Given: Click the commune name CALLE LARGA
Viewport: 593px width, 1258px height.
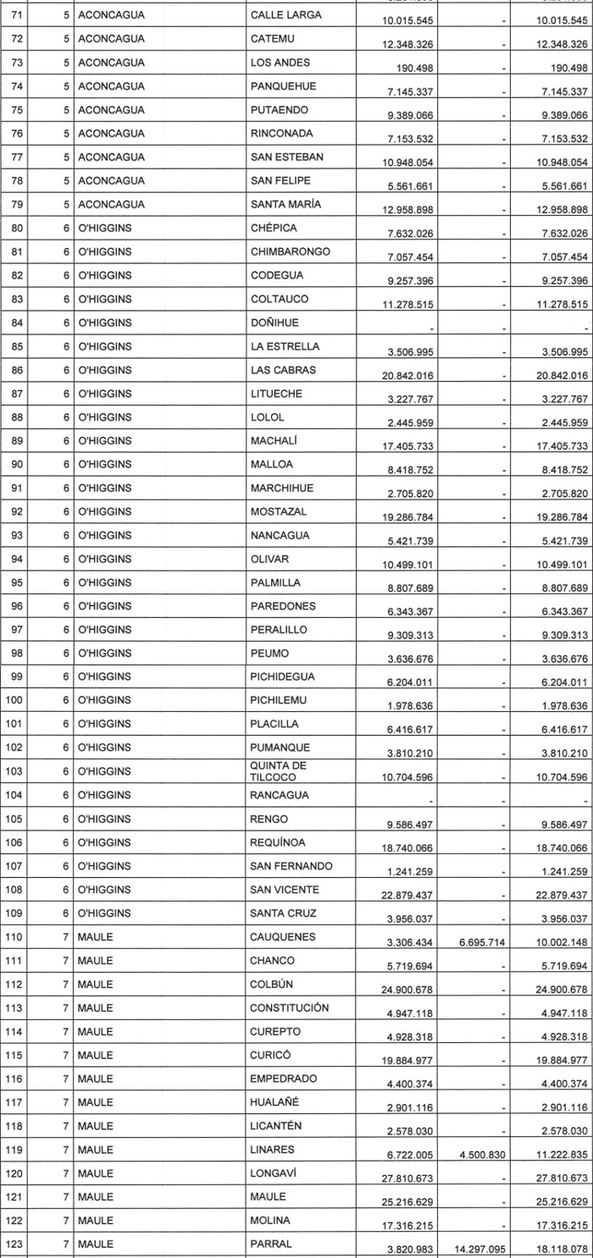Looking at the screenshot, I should click(x=285, y=14).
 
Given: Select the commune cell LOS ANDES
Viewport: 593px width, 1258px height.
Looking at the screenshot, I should click(x=280, y=62).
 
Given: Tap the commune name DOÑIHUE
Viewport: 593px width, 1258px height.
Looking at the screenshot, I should click(x=275, y=323).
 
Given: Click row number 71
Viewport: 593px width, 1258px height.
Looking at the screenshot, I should click(x=16, y=14).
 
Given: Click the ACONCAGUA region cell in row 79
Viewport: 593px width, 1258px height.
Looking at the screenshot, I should click(x=111, y=204).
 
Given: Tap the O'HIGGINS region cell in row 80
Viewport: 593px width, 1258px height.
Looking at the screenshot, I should click(x=104, y=228).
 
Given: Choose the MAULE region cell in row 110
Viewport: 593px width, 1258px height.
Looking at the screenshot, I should click(x=94, y=937).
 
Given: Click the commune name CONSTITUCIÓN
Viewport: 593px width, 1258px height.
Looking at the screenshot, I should click(x=290, y=1007).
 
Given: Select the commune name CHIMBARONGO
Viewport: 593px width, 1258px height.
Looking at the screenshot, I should click(x=290, y=251).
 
